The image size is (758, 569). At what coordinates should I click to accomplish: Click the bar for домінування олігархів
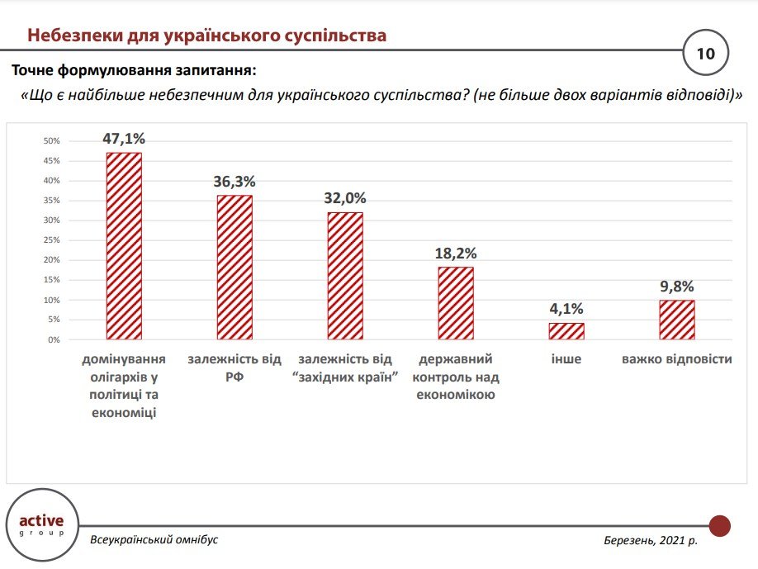124,246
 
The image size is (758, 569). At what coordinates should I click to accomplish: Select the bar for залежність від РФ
235,268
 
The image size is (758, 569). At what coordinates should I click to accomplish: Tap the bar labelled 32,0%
345,276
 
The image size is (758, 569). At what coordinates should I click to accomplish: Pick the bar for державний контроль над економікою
456,303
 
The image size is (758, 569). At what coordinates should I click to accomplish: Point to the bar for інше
566,331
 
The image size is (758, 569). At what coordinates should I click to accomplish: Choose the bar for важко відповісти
677,320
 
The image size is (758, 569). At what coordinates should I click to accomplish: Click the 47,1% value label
124,138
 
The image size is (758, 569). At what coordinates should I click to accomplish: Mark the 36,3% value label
235,181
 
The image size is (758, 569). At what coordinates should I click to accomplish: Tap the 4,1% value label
566,309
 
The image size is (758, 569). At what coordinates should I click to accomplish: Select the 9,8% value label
677,287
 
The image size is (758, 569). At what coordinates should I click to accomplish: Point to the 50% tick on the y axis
53,141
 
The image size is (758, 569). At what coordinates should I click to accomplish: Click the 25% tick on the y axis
53,240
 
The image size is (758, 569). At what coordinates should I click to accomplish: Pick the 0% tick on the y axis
54,339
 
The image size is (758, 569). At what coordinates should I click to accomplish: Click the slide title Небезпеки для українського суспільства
206,36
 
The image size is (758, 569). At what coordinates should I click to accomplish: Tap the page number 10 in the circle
706,55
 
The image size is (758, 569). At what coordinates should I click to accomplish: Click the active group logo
41,525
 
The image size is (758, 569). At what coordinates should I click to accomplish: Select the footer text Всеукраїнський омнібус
154,539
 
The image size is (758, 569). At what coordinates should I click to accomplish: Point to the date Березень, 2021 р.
651,540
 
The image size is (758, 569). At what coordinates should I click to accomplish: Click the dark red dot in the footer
720,526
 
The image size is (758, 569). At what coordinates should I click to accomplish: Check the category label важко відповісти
677,360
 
